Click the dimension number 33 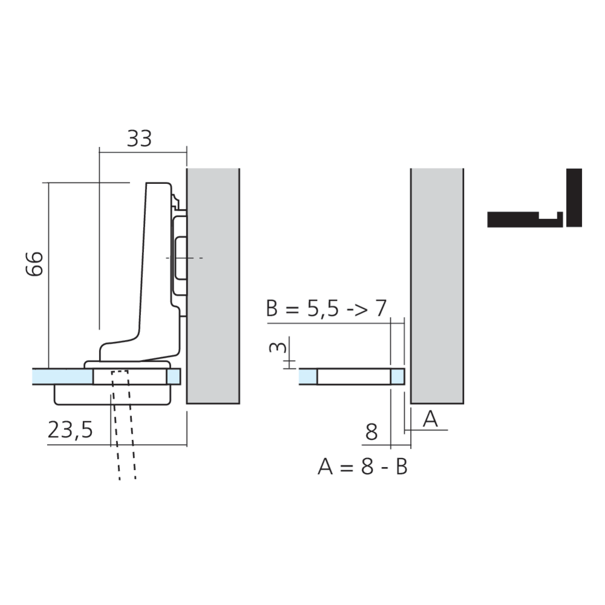(x=139, y=139)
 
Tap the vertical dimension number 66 (x=35, y=263)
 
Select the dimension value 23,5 (x=70, y=430)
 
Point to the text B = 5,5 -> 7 (x=325, y=309)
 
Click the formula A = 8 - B (x=362, y=467)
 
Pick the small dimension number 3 (x=275, y=348)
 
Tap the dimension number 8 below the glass (x=371, y=432)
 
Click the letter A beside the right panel (x=430, y=419)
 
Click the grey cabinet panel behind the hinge (x=214, y=284)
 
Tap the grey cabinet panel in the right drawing (x=437, y=284)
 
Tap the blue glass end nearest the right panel (x=397, y=376)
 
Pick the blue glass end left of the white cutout (x=308, y=376)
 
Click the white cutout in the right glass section (x=353, y=376)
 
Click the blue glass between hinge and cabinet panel (x=174, y=376)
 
